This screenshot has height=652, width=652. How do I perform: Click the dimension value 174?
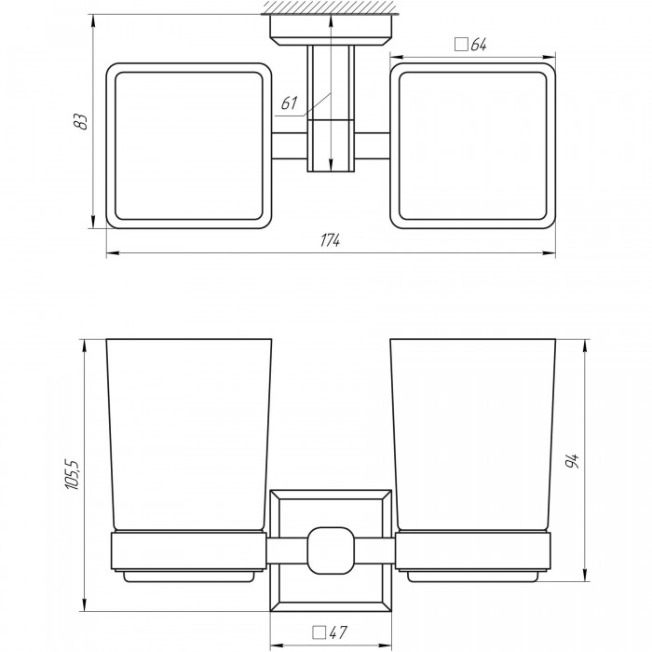(330, 240)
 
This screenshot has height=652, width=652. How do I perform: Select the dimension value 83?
(82, 121)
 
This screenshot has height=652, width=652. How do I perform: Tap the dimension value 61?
(290, 102)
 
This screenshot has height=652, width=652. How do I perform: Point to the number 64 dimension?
(479, 44)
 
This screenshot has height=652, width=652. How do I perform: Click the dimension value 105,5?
(72, 474)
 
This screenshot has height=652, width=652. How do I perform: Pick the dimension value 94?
(573, 460)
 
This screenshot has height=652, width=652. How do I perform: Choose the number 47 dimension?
(338, 632)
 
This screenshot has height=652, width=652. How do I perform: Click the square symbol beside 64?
(461, 44)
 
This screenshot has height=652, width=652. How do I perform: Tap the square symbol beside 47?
(319, 632)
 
